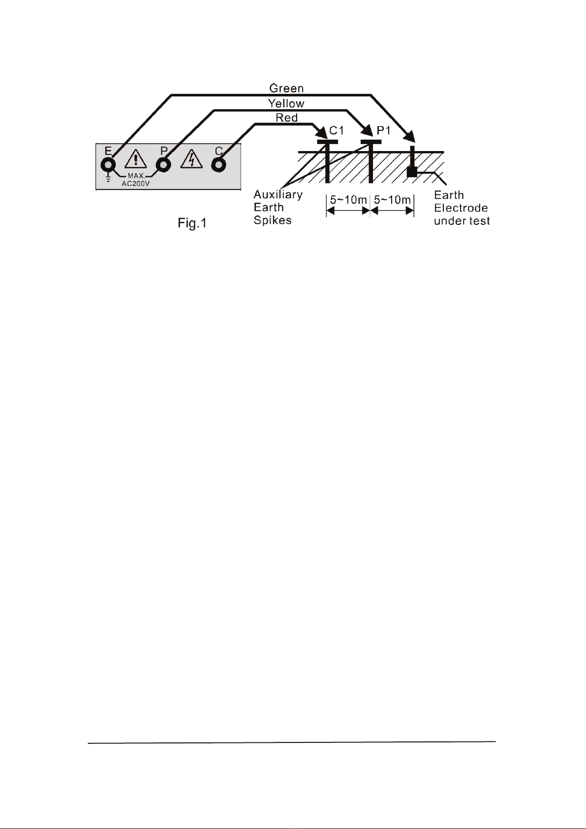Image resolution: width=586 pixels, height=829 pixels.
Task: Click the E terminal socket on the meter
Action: point(108,164)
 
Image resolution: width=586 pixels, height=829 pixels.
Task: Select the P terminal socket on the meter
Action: point(163,164)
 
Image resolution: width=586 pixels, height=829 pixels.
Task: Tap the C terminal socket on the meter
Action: point(219,164)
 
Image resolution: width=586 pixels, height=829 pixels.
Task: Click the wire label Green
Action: point(286,89)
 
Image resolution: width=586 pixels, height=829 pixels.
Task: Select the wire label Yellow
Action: point(286,103)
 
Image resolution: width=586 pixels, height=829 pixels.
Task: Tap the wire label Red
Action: point(286,118)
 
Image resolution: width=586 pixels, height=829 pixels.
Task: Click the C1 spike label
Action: point(337,130)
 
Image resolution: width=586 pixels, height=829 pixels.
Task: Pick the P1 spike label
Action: point(384,130)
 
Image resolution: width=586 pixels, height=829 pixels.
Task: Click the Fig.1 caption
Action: point(192,223)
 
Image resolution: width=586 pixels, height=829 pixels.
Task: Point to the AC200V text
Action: point(136,184)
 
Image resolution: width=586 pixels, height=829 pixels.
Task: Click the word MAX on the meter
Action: point(136,176)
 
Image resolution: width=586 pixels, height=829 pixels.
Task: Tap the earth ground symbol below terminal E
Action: point(108,178)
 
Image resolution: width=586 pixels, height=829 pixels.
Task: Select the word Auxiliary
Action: point(278,194)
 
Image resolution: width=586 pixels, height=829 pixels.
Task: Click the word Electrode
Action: point(461,208)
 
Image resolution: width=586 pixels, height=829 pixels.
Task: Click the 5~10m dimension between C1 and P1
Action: point(348,200)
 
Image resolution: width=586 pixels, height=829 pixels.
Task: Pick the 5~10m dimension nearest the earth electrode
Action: point(392,200)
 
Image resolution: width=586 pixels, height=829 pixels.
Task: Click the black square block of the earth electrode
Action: point(412,171)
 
